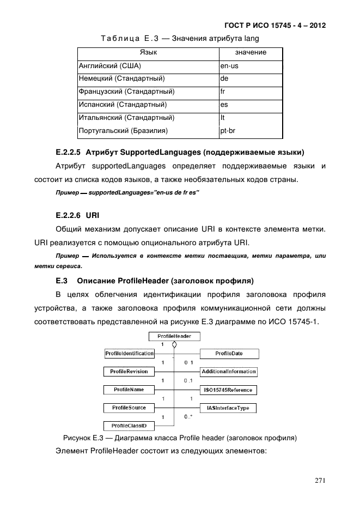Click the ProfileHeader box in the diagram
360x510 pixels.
174,336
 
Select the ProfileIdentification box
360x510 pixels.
129,354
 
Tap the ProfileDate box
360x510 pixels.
229,354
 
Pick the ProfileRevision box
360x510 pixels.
129,371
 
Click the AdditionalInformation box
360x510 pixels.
229,371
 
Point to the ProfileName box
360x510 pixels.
129,389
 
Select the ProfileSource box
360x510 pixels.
129,407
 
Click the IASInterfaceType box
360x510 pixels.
229,407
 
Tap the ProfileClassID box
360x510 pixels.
129,425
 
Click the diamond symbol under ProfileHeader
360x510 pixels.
174,345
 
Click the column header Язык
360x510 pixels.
148,53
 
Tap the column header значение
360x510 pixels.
251,53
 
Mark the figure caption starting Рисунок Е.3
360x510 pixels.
180,438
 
